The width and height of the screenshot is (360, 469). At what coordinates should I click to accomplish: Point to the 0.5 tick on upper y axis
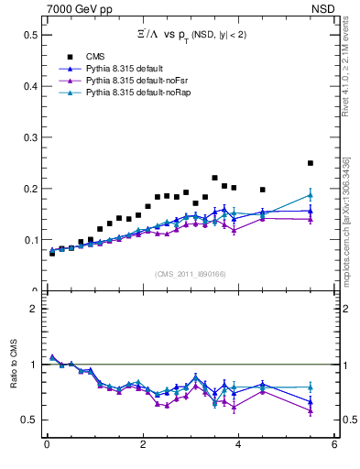[30, 35]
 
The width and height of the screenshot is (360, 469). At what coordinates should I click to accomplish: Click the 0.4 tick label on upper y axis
[30, 86]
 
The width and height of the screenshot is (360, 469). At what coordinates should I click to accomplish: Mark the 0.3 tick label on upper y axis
[30, 137]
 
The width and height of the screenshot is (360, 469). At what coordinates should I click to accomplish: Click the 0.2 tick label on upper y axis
[30, 189]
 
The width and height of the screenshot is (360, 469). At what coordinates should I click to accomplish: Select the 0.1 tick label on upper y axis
[30, 240]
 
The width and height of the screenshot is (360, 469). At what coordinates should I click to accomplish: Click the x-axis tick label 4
[238, 446]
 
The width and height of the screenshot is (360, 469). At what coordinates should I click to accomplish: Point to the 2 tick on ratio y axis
[34, 309]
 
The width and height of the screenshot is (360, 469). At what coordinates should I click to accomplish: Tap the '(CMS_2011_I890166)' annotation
[190, 275]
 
